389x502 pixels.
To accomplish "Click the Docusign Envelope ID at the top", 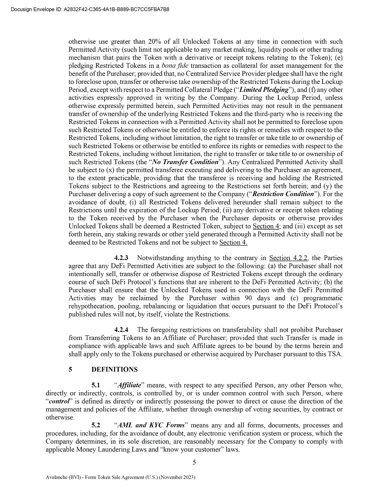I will tap(89, 9).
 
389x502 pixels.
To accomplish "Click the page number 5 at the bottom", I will tap(194, 462).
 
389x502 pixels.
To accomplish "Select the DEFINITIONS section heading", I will tap(115, 369).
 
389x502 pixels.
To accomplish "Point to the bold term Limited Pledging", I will tap(264, 89).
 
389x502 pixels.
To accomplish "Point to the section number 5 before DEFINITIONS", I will tap(70, 369).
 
